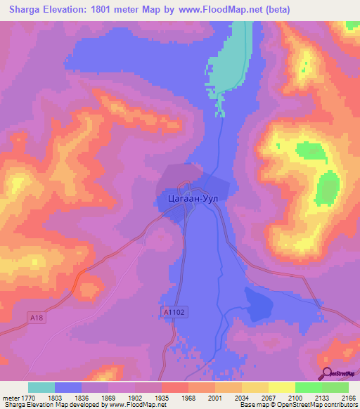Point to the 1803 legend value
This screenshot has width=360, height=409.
(55, 397)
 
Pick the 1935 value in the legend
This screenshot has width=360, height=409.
(162, 397)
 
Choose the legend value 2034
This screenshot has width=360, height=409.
(242, 397)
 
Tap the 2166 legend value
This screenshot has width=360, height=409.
(349, 397)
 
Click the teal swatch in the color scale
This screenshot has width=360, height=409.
(41, 387)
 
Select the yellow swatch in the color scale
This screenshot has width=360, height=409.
(282, 387)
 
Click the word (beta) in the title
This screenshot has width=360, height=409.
(276, 10)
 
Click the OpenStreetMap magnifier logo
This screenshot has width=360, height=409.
(328, 373)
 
